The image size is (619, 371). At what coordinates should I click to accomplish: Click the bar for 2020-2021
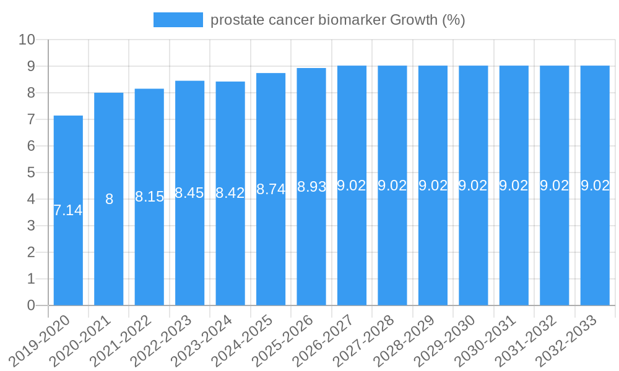coord(109,247)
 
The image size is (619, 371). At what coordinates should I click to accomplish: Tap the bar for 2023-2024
coord(230,247)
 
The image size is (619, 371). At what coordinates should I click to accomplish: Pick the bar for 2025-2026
coord(311,247)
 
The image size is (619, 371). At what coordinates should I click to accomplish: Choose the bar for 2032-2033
coord(595,247)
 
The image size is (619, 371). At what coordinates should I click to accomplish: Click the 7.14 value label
coord(68,210)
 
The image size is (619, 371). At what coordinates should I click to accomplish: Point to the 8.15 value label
coord(149,197)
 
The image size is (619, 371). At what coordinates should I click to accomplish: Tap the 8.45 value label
coord(189,193)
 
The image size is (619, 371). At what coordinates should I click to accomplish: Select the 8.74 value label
coord(271,189)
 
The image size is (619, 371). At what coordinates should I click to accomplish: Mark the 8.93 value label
coord(311,187)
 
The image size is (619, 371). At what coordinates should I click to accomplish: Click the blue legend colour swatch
coord(178,20)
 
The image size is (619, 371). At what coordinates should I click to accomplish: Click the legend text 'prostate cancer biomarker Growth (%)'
coord(337,20)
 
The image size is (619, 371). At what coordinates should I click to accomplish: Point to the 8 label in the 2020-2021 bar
coord(109,199)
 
